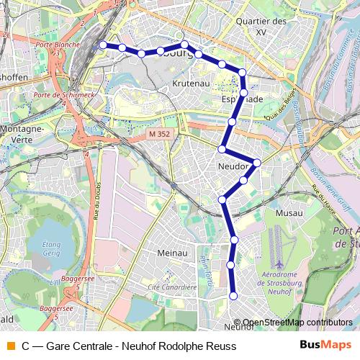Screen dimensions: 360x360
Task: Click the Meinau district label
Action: pos(172,253)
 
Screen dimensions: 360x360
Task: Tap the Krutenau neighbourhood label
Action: pos(191,84)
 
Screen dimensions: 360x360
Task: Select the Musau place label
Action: pos(289,213)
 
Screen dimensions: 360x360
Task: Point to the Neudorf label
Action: pos(233,167)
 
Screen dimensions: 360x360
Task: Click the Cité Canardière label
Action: pos(172,287)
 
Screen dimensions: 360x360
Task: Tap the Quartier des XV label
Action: pos(261,27)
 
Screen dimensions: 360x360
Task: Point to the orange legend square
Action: pos(10,346)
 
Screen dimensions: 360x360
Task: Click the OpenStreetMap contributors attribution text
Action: pos(297,323)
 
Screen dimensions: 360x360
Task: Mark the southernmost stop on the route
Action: pos(233,295)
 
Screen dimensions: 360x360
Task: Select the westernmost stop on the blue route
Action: pos(103,45)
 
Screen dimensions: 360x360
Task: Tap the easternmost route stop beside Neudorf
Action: pos(256,162)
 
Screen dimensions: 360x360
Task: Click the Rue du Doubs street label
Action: pos(96,204)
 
